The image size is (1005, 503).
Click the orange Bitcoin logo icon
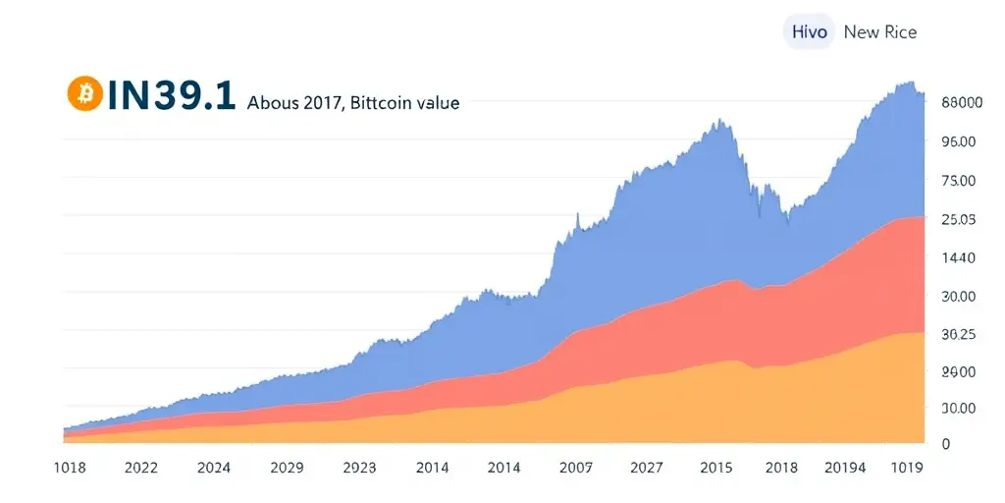click(85, 93)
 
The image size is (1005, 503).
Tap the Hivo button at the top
click(810, 31)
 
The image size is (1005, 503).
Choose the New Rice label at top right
click(880, 31)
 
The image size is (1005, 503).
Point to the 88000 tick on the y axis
click(962, 102)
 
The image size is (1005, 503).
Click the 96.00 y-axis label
click(958, 141)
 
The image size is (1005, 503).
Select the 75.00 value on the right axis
click(958, 181)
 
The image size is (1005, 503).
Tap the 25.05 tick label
click(958, 219)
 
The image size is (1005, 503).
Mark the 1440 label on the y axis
click(958, 257)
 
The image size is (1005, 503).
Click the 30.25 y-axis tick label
click(958, 334)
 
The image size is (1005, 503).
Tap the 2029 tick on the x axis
click(286, 468)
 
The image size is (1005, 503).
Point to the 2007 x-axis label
click(576, 468)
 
